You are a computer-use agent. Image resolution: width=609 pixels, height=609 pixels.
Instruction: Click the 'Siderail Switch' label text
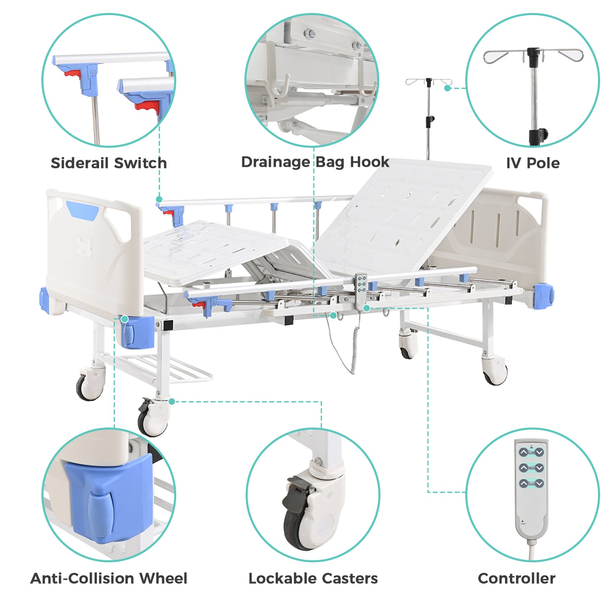pos(109,163)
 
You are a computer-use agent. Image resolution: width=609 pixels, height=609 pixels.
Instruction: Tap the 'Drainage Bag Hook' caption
pos(315,162)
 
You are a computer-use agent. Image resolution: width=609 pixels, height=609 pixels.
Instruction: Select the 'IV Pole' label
pos(533,163)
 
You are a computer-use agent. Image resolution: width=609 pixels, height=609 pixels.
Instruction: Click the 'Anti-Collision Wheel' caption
pos(109,579)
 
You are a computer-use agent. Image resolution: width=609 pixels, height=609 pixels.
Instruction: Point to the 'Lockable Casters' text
pos(313,579)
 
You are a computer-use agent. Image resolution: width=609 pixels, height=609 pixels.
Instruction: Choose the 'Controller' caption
pos(516,579)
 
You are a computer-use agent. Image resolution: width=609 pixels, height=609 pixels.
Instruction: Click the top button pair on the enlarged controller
pos(531,452)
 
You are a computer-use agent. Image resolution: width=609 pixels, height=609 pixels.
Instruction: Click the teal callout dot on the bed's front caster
pos(172,402)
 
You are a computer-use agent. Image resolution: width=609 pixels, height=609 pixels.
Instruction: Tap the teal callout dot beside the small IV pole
pos(447,88)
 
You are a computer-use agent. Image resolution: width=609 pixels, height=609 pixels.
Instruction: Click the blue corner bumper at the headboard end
pos(544,296)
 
